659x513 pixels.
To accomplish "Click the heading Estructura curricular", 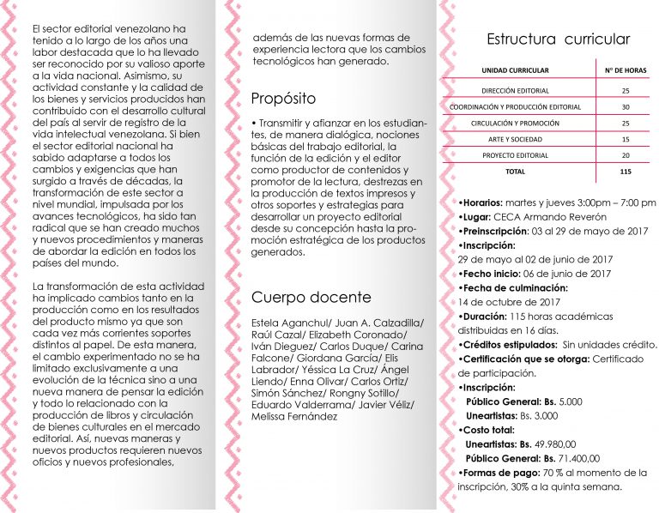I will point(558,39).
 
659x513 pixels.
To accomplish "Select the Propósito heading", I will point(283,98).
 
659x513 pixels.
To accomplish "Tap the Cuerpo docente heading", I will point(311,298).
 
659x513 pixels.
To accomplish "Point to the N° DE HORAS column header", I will point(625,69).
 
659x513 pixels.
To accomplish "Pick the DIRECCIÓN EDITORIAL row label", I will point(515,90).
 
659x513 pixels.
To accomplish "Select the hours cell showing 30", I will point(626,106).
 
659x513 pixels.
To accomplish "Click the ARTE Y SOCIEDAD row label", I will point(515,139).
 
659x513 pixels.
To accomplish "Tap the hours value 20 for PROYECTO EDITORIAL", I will point(626,155).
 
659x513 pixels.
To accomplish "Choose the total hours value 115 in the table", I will point(625,172).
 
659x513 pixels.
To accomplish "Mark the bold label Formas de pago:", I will point(500,473).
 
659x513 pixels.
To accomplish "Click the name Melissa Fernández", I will point(294,416).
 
